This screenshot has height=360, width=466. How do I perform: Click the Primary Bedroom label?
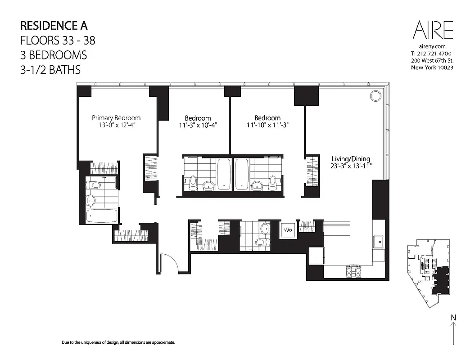[116, 118]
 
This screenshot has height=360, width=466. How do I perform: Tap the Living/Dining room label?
[351, 159]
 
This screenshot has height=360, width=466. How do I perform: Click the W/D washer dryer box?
[288, 230]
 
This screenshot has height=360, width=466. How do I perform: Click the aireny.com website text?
[432, 46]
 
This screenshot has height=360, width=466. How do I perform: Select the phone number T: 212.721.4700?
[431, 54]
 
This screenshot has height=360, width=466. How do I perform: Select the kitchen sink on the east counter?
[379, 242]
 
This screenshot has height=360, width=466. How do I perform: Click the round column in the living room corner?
[375, 95]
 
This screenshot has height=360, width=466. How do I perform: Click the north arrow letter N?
[453, 318]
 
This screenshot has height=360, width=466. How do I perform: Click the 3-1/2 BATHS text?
[50, 70]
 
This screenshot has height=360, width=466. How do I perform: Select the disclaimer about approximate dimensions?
[118, 342]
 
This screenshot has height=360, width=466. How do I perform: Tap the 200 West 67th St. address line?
[431, 61]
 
